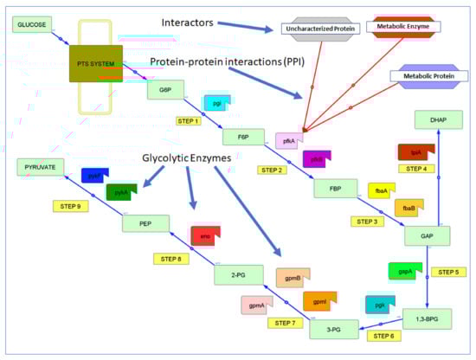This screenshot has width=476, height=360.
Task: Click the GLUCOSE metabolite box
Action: tap(31, 24)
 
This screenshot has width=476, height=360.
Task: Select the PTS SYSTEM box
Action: tap(96, 63)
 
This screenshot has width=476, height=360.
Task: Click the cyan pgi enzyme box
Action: tap(217, 103)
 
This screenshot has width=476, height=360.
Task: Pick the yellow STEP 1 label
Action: tap(188, 121)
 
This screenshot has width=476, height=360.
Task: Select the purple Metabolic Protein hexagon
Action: tap(427, 77)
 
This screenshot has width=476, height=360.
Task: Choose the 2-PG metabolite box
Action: tap(238, 274)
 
